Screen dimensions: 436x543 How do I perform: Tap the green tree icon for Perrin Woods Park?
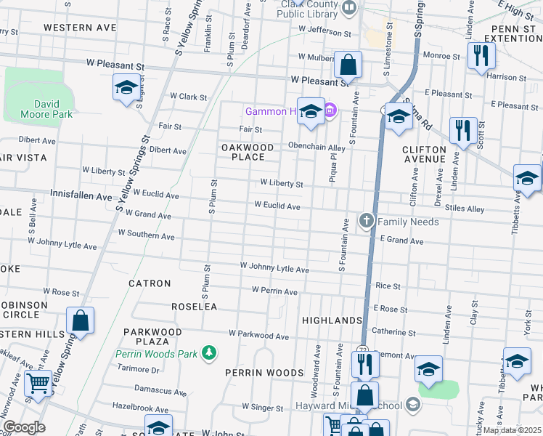[x=210, y=352]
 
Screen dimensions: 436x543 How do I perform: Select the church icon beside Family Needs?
[x=367, y=219]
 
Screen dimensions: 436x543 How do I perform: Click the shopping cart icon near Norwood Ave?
[x=38, y=383]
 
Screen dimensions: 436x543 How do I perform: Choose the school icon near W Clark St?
[x=126, y=89]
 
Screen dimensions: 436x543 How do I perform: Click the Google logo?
[x=24, y=427]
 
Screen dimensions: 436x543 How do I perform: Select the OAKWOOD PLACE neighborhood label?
[x=248, y=152]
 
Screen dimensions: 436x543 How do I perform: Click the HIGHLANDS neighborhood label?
[x=332, y=320]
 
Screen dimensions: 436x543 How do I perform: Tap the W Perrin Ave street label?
[x=274, y=291]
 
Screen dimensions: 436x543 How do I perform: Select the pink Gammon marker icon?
[x=330, y=111]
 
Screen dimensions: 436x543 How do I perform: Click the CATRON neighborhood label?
[x=150, y=283]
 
